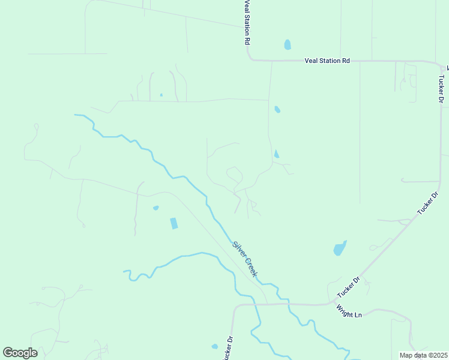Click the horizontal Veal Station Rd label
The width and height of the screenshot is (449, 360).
(x=327, y=61)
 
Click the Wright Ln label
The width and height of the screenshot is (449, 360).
(x=349, y=312)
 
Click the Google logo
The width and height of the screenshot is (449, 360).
(x=20, y=353)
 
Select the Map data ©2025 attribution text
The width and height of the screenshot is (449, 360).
(x=424, y=355)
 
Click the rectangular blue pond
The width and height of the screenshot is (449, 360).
(x=174, y=223)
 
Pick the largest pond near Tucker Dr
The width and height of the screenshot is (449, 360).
(x=340, y=248)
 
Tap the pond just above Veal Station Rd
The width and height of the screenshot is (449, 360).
(x=288, y=44)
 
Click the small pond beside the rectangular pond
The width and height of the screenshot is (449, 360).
(x=156, y=208)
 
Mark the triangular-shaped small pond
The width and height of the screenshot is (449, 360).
(x=276, y=154)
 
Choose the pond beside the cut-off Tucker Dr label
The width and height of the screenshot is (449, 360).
(x=215, y=346)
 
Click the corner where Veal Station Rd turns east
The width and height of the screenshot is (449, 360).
(x=250, y=59)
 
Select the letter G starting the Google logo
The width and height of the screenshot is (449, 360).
(x=8, y=352)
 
